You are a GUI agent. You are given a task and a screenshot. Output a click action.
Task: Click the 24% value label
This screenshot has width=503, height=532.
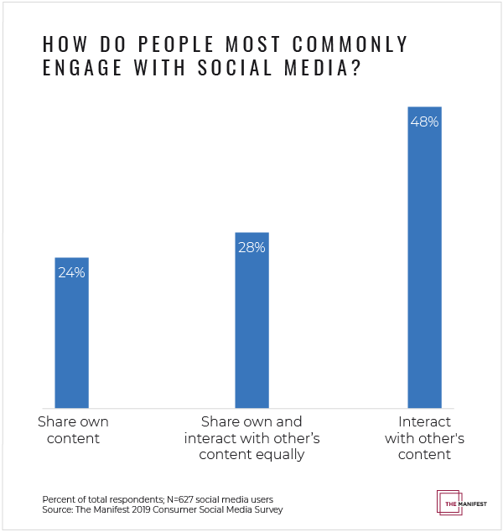point(71,272)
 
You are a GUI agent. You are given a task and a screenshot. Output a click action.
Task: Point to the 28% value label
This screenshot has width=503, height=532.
point(251,247)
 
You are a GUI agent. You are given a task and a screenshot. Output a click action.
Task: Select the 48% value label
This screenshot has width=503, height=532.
point(424,121)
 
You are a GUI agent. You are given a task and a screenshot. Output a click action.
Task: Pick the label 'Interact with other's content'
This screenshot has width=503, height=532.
point(425,438)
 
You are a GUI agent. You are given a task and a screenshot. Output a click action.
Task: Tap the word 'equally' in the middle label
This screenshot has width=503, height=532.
point(282,455)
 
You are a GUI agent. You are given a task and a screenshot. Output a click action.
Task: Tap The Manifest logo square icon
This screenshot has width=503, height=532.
point(449,501)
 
